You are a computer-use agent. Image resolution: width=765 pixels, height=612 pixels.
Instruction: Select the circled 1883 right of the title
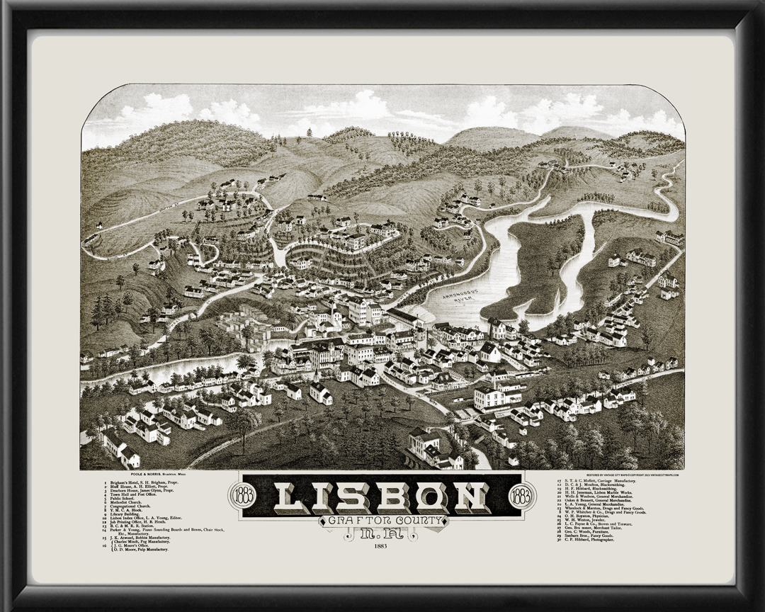click(522, 494)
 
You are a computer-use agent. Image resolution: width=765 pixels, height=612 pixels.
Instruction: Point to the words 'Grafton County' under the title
click(381, 521)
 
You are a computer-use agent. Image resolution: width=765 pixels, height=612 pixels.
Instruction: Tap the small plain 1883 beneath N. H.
click(381, 545)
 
